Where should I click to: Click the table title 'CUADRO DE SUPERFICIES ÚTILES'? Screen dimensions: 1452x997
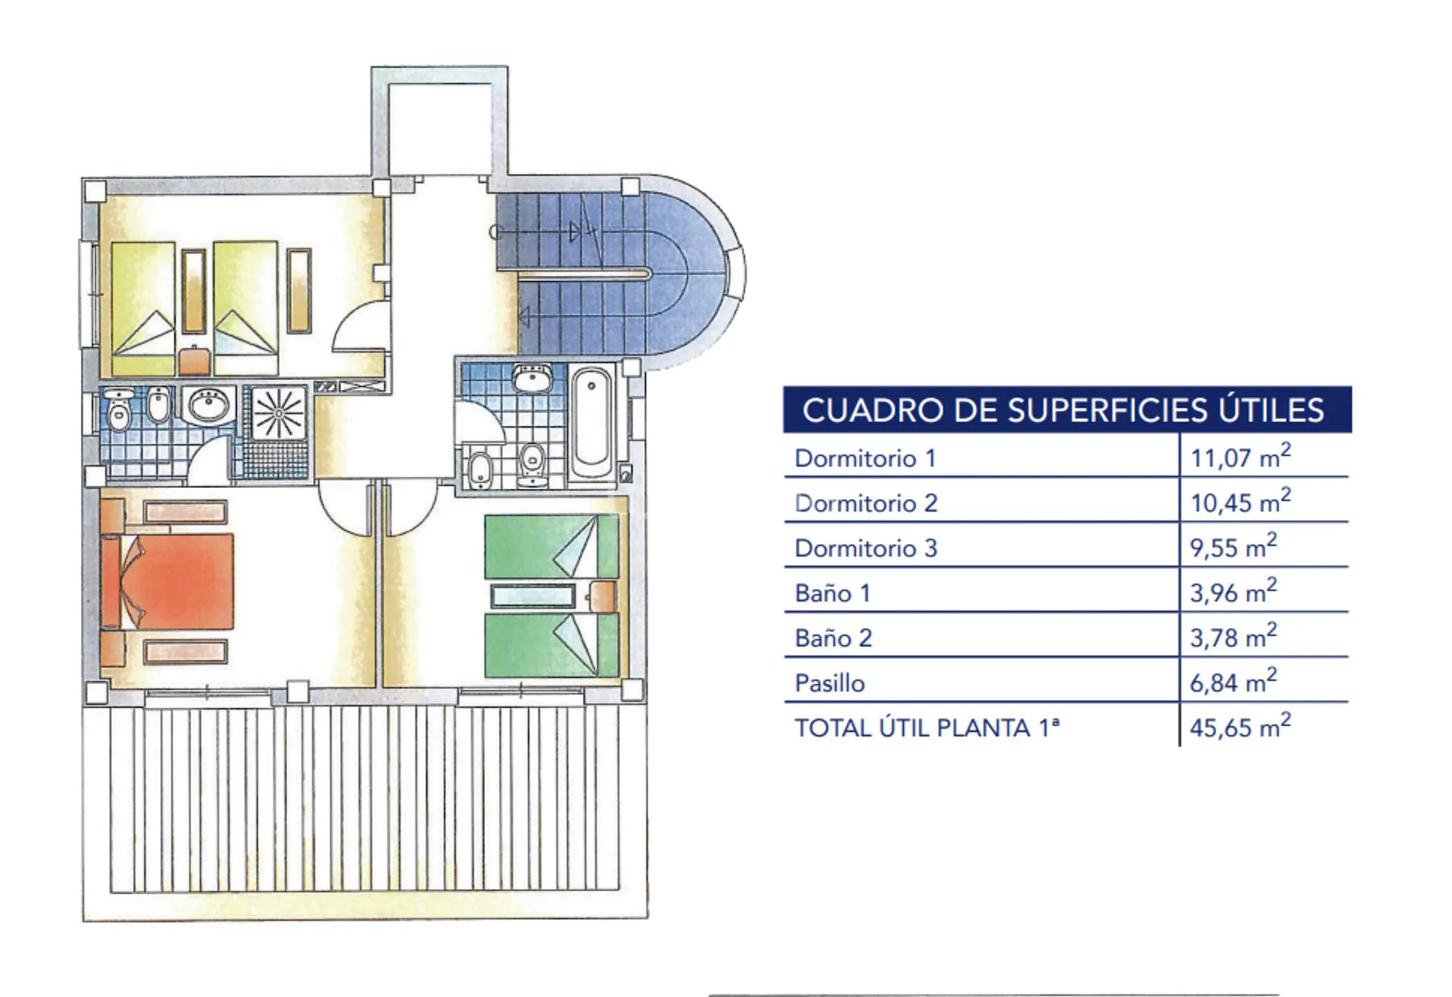(1063, 410)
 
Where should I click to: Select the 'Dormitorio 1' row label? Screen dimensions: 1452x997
(865, 458)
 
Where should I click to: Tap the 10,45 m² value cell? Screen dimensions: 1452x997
(1240, 501)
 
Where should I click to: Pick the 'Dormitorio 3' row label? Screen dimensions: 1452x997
(866, 548)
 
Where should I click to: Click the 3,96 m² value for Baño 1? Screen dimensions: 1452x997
(1233, 591)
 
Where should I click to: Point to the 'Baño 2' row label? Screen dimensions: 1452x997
(833, 638)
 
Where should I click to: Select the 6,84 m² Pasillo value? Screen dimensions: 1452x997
(1233, 681)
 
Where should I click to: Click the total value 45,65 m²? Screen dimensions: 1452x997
(1240, 726)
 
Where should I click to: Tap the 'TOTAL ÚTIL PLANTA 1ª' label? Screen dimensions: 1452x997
(927, 728)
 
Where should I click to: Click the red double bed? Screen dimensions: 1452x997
(168, 582)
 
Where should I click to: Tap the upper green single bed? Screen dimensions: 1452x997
(552, 546)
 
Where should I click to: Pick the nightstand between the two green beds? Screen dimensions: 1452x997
(603, 597)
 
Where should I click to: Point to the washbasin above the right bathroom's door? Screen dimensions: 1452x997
(532, 379)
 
